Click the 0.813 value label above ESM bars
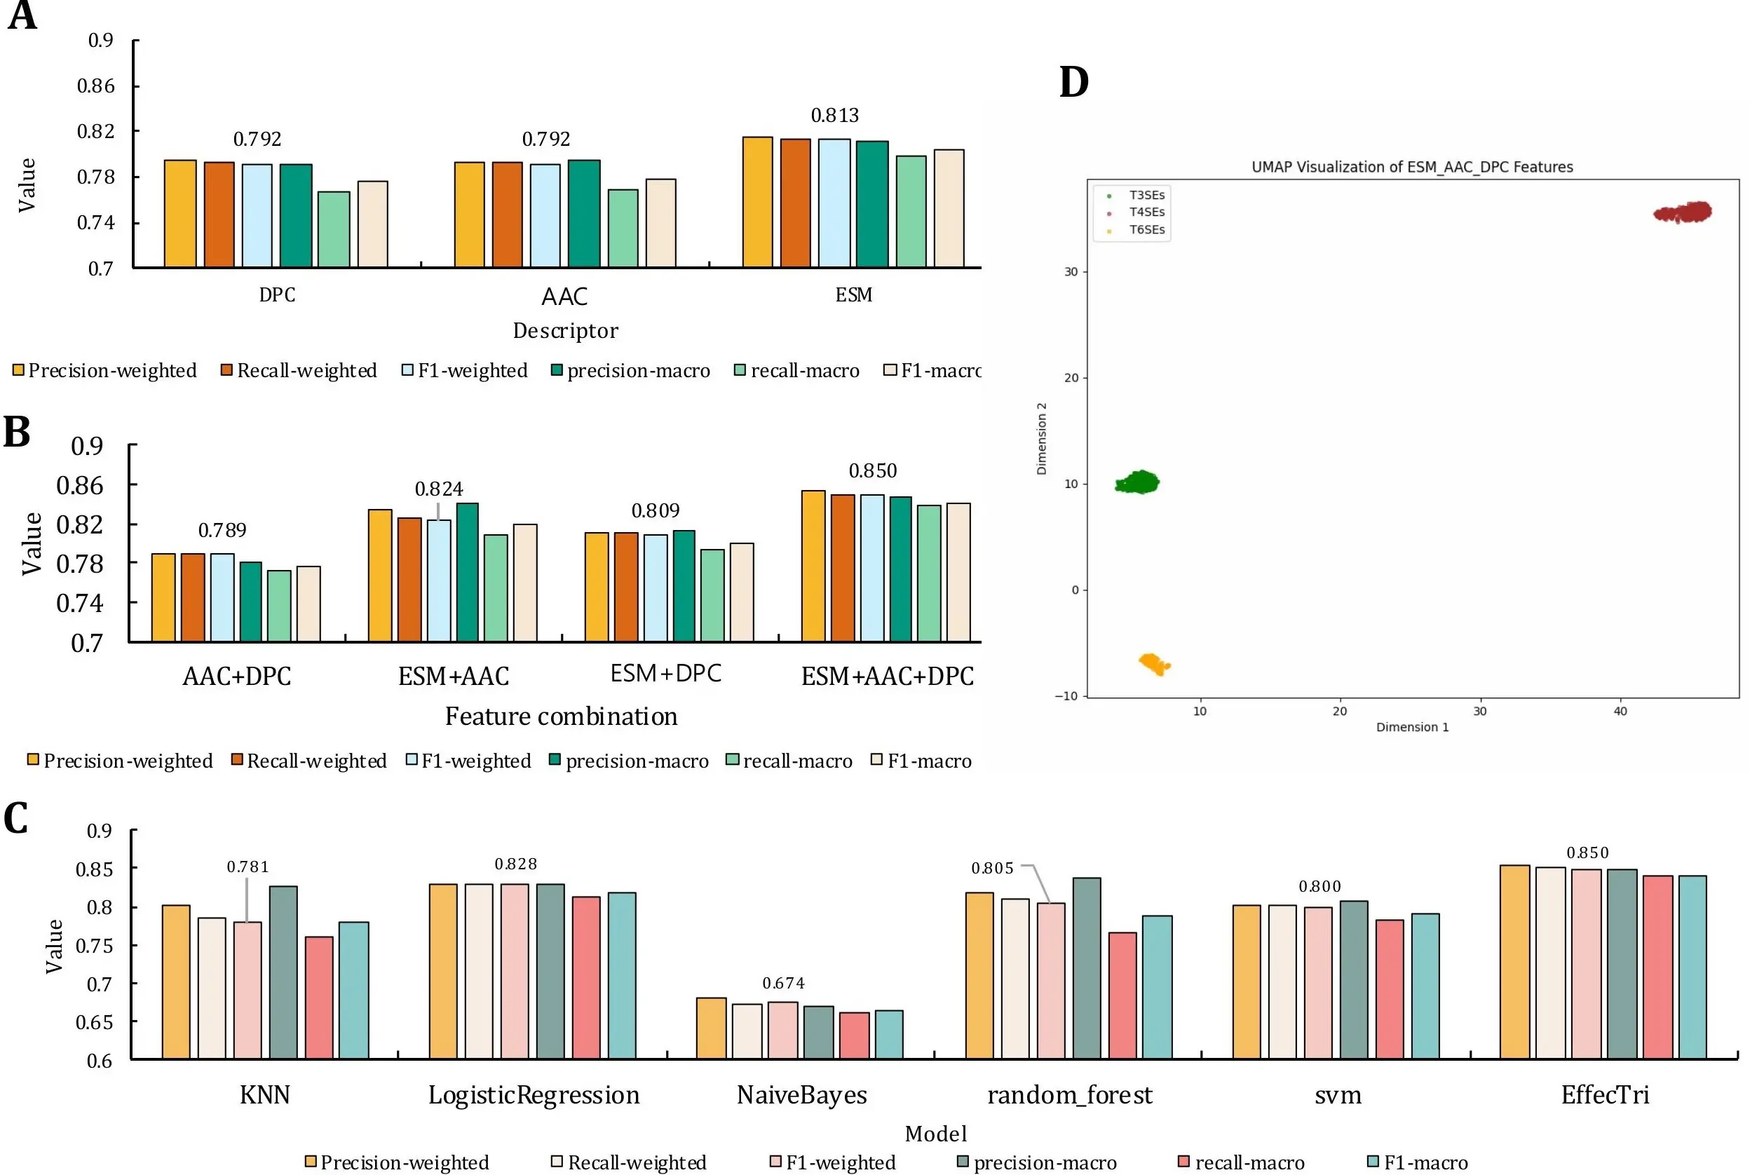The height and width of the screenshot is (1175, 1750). click(x=834, y=116)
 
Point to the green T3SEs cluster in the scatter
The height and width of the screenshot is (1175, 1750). click(x=1138, y=482)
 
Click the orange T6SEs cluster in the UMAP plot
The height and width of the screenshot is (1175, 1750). click(x=1153, y=664)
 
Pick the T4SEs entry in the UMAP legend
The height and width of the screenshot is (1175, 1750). click(x=1146, y=212)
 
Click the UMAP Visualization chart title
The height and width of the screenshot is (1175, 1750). click(x=1412, y=167)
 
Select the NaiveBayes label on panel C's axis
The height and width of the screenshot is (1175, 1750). click(x=801, y=1095)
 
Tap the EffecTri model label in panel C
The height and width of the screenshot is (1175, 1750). click(x=1605, y=1095)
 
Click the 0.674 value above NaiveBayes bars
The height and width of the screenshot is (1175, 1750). click(x=783, y=983)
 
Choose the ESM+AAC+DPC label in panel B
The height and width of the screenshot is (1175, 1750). click(x=888, y=677)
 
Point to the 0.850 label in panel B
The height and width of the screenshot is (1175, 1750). click(x=872, y=470)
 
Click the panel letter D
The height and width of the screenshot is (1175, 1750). click(x=1073, y=83)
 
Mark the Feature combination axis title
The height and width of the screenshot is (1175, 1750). click(x=561, y=716)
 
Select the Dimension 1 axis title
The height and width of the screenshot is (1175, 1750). click(x=1412, y=727)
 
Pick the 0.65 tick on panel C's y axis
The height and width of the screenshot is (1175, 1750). click(x=94, y=1022)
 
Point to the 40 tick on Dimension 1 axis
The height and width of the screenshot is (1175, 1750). click(x=1620, y=711)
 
